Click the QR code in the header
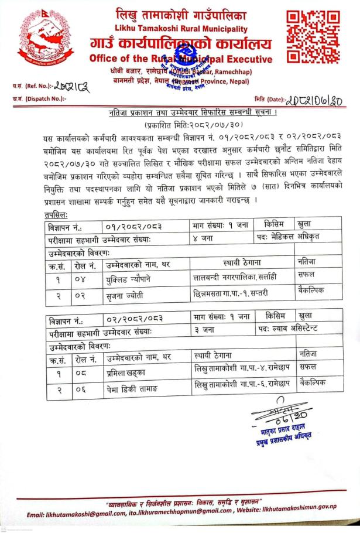[x=315, y=36]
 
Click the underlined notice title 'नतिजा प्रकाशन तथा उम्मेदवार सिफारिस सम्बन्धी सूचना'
[x=180, y=112]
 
